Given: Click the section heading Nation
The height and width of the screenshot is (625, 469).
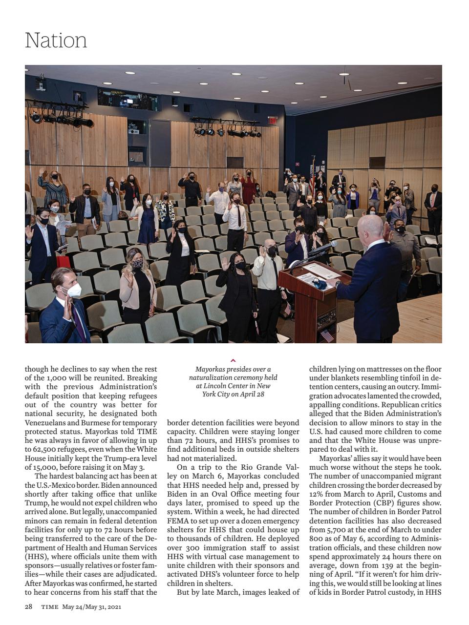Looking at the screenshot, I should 56,40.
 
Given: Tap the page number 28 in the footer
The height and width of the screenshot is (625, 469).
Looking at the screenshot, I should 29,607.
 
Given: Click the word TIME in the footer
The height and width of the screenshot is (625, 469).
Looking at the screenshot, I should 50,607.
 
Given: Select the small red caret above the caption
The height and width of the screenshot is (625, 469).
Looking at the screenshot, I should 233,361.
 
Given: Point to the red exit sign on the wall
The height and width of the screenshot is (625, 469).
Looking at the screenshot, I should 272,120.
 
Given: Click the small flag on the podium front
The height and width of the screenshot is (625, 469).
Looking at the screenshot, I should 326,335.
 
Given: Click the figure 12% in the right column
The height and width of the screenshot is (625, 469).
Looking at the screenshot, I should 317,494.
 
